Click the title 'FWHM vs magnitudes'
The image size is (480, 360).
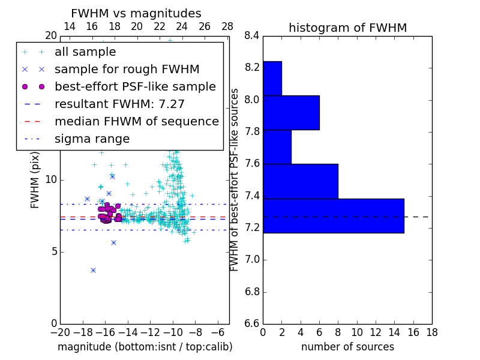(136, 13)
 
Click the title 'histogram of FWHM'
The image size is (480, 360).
(347, 28)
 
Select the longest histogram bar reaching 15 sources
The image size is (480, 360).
(334, 216)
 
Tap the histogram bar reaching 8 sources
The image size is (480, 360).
(301, 181)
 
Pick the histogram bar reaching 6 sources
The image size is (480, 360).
(291, 113)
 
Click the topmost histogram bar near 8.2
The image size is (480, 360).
(272, 78)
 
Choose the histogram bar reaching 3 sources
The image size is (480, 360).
(277, 147)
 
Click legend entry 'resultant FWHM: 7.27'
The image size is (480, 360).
(119, 104)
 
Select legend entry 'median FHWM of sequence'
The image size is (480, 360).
(136, 121)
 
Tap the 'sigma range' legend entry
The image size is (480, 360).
(92, 139)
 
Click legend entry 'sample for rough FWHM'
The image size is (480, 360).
(127, 69)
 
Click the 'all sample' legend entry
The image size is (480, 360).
(85, 52)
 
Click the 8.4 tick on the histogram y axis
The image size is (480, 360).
(252, 35)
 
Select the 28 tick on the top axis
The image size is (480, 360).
(227, 26)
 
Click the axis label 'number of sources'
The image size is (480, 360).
(347, 347)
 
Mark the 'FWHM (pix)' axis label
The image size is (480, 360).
(35, 179)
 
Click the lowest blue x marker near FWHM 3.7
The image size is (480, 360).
(93, 270)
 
